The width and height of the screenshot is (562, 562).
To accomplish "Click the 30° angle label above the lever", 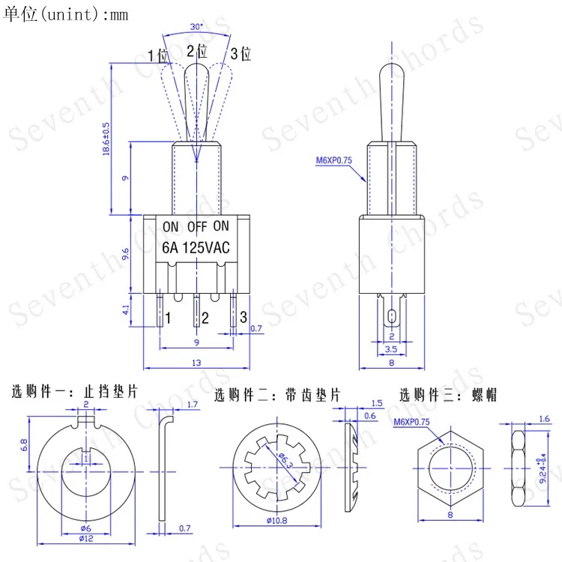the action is [196, 26].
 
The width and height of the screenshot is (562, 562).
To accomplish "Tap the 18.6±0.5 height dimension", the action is [106, 139].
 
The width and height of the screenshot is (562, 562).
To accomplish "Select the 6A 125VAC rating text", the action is [196, 248].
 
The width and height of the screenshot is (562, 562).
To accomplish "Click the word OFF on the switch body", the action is [197, 226].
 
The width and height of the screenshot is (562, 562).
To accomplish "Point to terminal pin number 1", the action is [167, 318].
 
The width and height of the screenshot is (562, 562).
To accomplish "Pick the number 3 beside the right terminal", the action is [244, 317].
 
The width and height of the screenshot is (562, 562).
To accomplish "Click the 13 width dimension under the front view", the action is [196, 363].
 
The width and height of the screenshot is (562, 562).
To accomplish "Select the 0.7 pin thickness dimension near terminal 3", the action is [256, 328].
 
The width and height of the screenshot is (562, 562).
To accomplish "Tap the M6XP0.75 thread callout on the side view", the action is [333, 160].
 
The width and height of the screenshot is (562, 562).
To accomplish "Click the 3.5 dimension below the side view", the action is [391, 349].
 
